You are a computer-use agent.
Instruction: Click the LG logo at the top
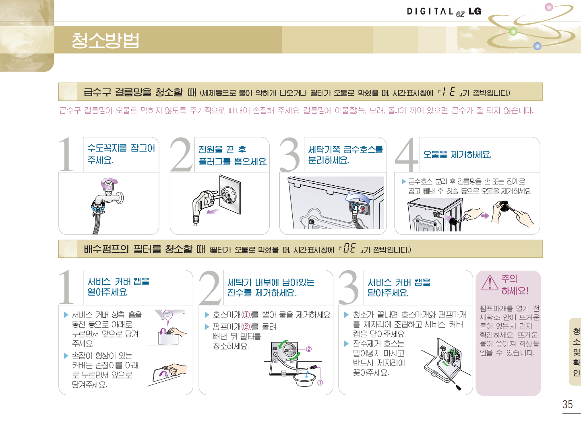click(475, 11)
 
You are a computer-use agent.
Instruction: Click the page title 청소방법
click(105, 40)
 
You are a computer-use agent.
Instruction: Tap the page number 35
click(568, 404)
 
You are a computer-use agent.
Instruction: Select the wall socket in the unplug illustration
click(230, 194)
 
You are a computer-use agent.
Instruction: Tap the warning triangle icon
click(490, 283)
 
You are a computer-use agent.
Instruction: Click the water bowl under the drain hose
click(304, 379)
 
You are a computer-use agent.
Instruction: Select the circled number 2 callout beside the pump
click(309, 349)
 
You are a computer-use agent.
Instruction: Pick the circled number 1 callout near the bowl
click(320, 383)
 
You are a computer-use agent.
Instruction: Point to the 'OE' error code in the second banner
click(349, 248)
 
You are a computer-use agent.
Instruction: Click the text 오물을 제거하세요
click(457, 155)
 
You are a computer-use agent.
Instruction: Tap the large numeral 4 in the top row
click(406, 154)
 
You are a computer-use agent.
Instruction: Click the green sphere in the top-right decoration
click(513, 32)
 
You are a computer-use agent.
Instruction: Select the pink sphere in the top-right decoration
click(549, 7)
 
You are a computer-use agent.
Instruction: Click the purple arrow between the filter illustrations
click(485, 216)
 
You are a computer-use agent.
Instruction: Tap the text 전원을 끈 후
click(222, 150)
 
